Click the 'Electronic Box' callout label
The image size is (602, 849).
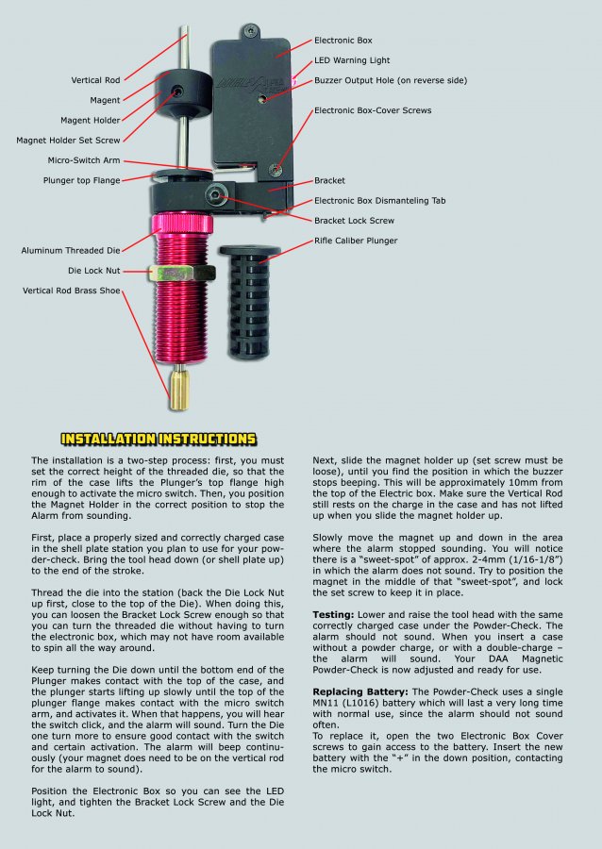343,41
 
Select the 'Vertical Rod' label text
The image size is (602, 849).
96,80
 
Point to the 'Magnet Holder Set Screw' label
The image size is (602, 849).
69,141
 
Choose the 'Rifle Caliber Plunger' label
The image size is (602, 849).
356,241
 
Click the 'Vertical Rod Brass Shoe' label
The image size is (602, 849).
72,291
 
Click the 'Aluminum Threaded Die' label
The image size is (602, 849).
71,251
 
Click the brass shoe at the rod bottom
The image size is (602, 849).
177,389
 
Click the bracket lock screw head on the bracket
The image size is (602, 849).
218,196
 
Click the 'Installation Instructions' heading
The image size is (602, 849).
158,439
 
